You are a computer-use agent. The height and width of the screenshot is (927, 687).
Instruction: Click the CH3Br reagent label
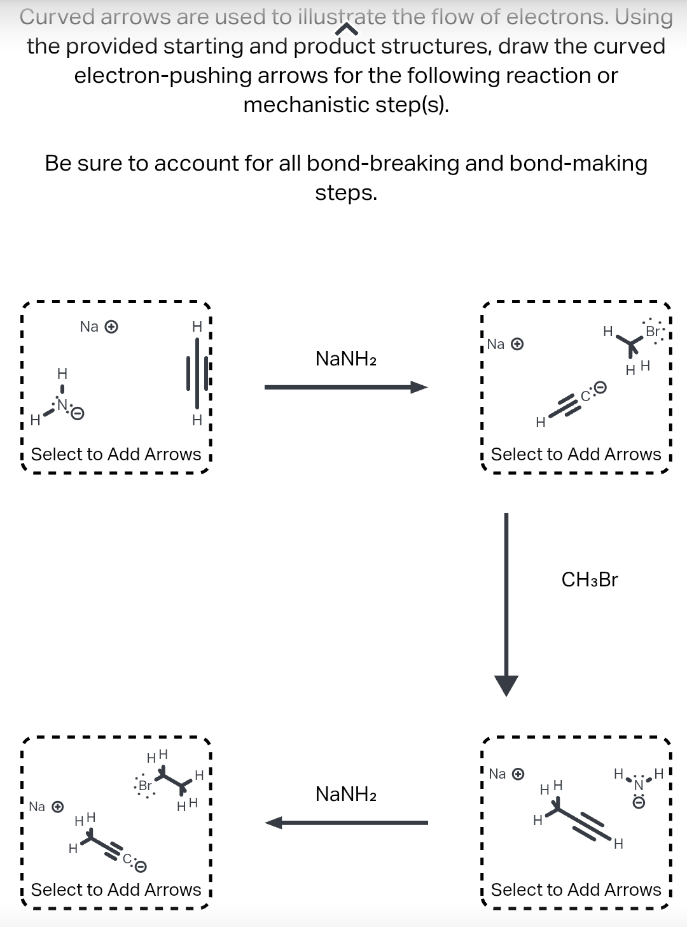tap(590, 579)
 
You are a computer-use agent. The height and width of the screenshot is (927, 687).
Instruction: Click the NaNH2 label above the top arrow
tap(346, 359)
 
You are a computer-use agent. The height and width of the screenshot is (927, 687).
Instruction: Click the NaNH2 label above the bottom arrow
tap(346, 794)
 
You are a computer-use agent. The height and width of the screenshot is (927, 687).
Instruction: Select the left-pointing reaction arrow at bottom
tap(347, 823)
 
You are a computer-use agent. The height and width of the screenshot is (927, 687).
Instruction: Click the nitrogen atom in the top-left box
tap(62, 404)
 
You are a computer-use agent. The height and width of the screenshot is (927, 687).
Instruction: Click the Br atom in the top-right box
tap(653, 331)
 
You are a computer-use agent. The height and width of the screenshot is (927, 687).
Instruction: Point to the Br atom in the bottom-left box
tap(145, 785)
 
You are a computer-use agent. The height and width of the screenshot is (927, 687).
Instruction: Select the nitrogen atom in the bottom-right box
tap(638, 785)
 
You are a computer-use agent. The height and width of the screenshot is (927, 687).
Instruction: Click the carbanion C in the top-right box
tap(585, 396)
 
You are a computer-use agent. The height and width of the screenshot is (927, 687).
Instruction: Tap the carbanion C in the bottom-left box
tap(127, 860)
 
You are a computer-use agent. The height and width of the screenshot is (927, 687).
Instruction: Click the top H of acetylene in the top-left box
tap(197, 327)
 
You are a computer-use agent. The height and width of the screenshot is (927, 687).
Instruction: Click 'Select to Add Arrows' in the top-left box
tap(116, 454)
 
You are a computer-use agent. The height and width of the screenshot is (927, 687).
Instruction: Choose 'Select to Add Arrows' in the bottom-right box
tap(576, 889)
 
